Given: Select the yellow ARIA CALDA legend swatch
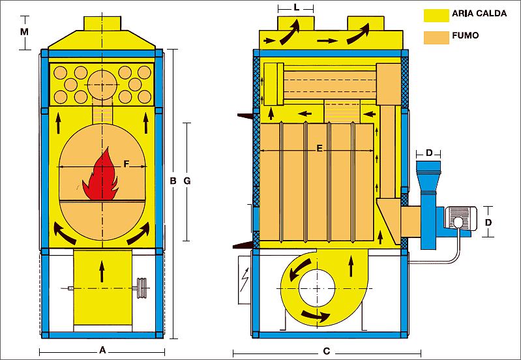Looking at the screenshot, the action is pos(436,15).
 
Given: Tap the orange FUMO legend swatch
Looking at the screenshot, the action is pos(436,38).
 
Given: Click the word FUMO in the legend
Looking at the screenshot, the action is pos(465,35).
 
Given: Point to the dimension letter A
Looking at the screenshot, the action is pos(102,350).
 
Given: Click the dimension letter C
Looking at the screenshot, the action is pos(327,352).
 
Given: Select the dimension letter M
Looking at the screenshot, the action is pos(24,32).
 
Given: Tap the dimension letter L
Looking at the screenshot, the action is pos(297,7).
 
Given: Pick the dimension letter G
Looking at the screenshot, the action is pos(187,181).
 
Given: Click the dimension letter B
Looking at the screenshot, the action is pos(173,181).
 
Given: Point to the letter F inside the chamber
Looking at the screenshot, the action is pos(126,164).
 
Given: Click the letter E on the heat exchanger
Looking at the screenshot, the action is pos(320,149).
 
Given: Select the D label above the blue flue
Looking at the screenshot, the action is pos(429,153).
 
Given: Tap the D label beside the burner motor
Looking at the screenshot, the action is pos(488,222).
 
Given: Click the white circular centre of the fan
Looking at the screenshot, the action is pos(317,288).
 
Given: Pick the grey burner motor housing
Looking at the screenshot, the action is pos(460,218).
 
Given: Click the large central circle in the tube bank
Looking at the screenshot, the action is pos(102,85).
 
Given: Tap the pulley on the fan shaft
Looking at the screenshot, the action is pos(142,288).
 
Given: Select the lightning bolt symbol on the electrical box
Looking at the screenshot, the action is pos(245,280).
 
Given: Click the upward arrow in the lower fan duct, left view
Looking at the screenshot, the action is pos(102,272).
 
